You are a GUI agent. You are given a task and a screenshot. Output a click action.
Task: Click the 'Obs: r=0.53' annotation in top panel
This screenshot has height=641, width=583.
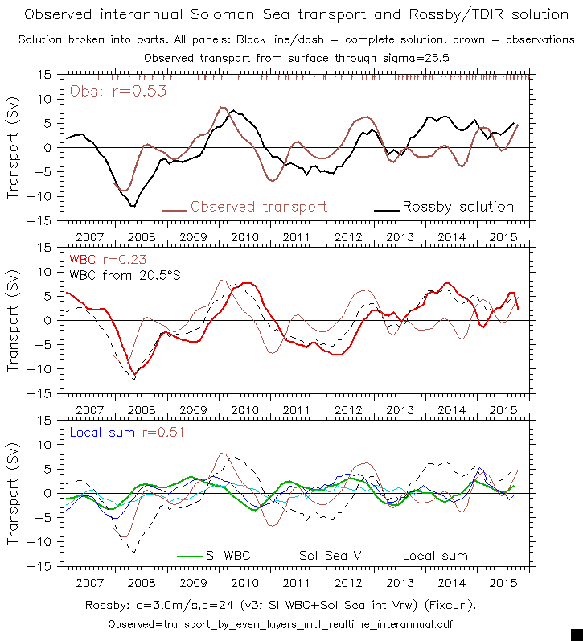(118, 91)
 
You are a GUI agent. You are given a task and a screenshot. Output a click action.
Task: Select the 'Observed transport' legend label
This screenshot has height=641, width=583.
(259, 207)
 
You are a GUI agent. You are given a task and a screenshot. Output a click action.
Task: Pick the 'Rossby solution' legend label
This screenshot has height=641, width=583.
(458, 207)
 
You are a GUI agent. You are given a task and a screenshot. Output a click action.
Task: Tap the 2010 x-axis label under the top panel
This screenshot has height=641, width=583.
(244, 238)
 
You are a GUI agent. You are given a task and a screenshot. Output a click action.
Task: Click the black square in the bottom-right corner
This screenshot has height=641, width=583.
(576, 634)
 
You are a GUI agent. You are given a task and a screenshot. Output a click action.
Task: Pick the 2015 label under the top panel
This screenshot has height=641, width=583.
(503, 238)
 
